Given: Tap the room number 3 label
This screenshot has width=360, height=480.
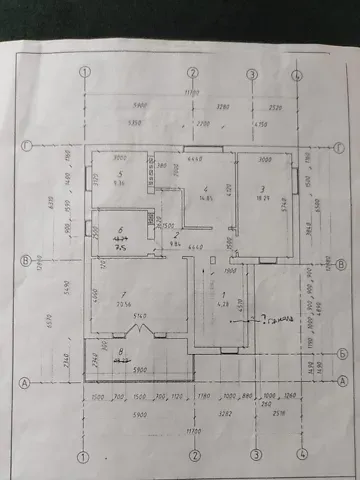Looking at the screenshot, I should [x=262, y=188].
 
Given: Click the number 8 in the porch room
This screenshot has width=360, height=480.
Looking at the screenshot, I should [x=120, y=351].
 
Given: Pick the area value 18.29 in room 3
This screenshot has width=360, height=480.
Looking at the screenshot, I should [x=264, y=199].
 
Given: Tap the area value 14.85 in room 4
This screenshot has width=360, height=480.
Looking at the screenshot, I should [x=204, y=198].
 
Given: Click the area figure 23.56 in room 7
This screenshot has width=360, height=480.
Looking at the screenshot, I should [x=124, y=305].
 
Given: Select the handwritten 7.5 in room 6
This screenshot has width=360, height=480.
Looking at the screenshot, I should [x=123, y=247].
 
